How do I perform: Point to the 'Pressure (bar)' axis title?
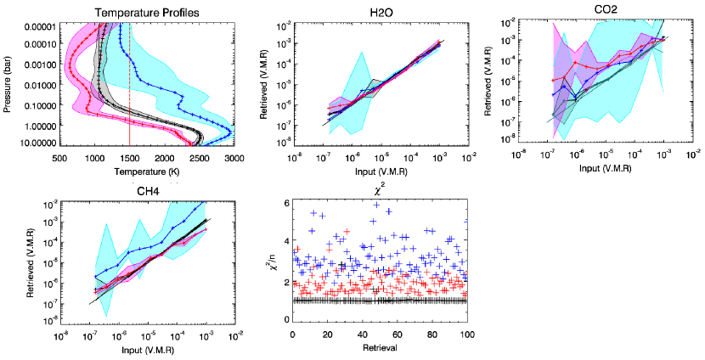point(8,85)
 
